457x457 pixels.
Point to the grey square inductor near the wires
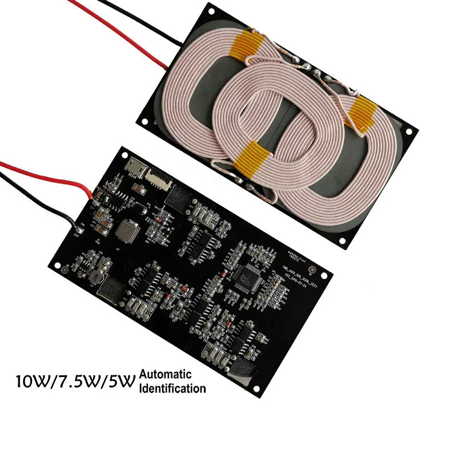126,230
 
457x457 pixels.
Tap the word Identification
171,388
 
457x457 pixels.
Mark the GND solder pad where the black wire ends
77,230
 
